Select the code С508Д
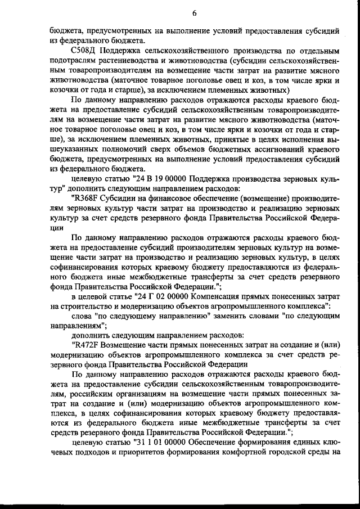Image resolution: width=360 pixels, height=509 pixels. [x=84, y=51]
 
